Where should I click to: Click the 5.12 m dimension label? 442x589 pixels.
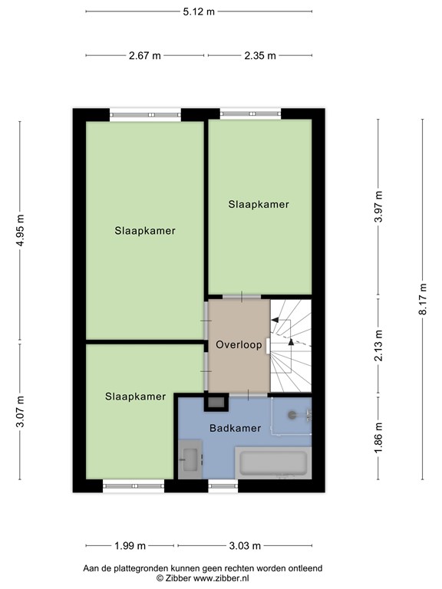pos(199,12)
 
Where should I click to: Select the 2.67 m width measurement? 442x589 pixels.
pos(145,55)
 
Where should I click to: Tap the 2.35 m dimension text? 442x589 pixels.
pos(259,55)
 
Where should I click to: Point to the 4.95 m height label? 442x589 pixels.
pos(21,229)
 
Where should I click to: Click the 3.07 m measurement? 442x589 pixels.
pos(21,412)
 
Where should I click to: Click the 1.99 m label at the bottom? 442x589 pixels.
pos(130,546)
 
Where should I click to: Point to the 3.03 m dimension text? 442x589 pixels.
pos(246,546)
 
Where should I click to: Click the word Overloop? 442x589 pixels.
pos(239,345)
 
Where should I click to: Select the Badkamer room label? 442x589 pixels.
pos(235,428)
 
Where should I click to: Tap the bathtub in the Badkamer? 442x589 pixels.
pos(274,464)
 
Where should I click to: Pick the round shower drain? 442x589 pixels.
pos(292,415)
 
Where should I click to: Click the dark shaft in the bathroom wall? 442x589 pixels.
pos(216,401)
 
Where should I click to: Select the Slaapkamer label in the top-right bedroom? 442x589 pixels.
pos(259,205)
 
